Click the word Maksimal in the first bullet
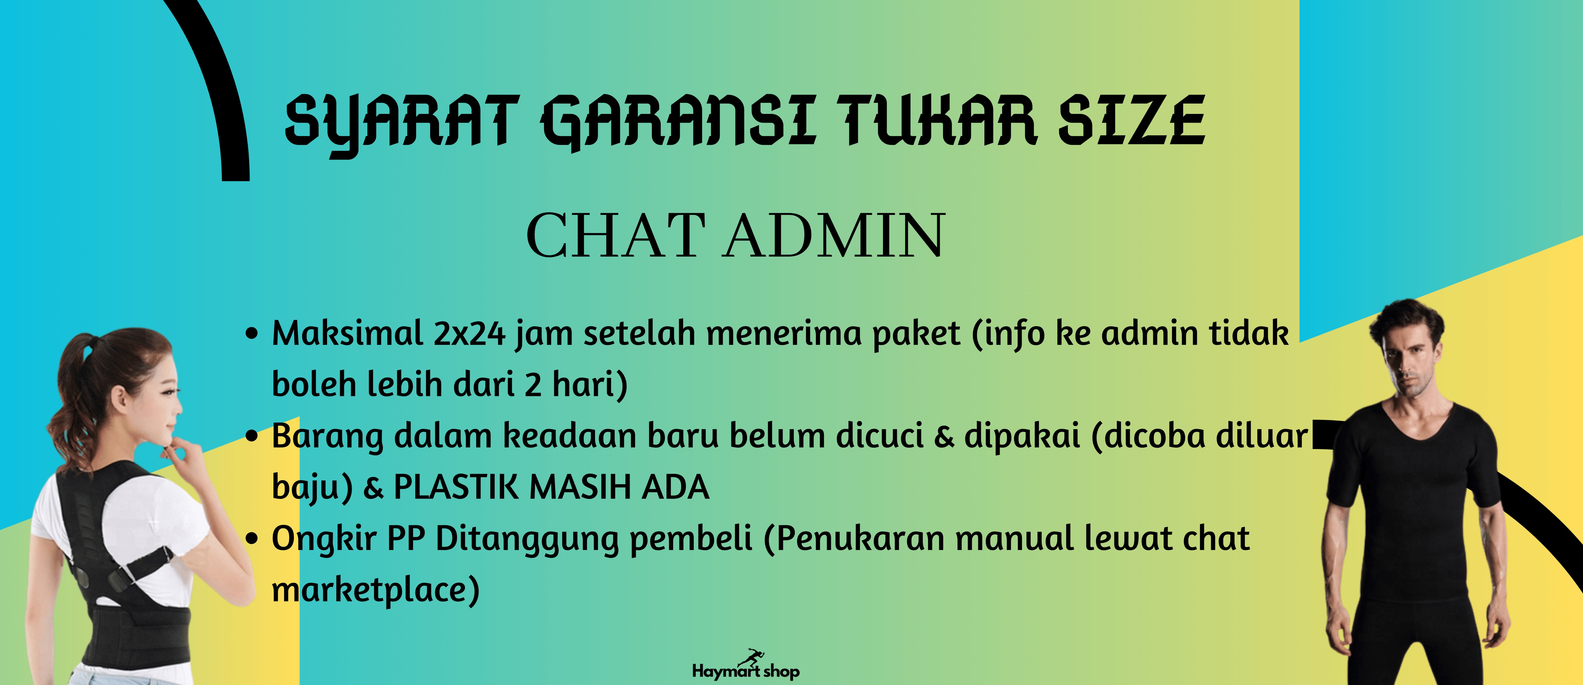click(x=347, y=334)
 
